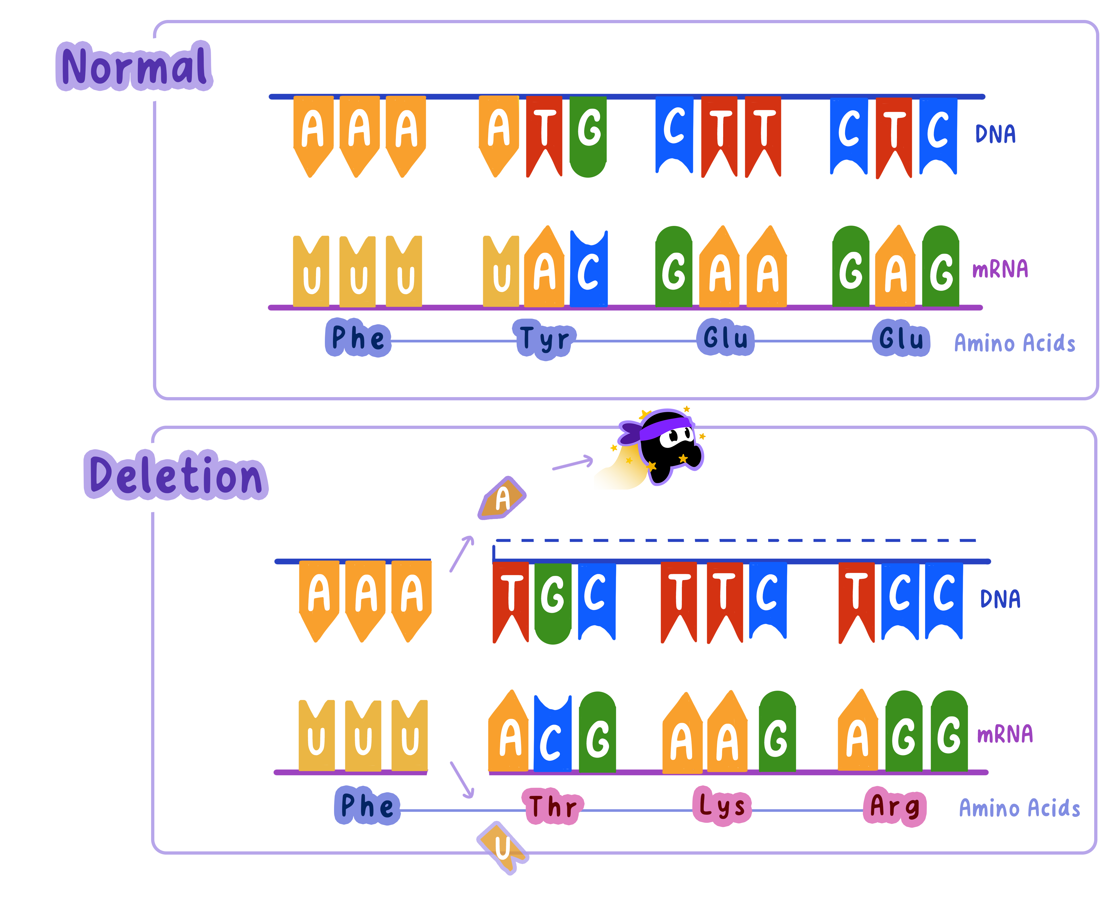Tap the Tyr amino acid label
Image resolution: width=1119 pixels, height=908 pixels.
(x=544, y=339)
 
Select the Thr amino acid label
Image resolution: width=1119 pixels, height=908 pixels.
(x=553, y=806)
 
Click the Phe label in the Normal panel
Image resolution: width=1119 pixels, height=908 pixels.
(x=358, y=338)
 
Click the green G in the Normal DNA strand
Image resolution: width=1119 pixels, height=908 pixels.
(x=588, y=135)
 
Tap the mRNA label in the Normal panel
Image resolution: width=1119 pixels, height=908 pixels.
(x=1000, y=269)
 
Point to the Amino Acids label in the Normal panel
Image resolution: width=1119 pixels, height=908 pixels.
(x=1014, y=344)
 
